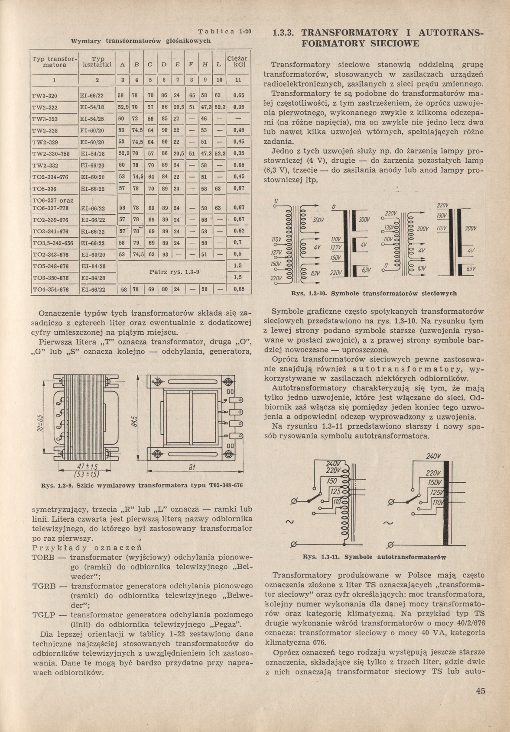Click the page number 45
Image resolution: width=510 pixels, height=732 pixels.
pyautogui.click(x=480, y=691)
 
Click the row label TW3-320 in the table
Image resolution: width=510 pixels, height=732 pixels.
pyautogui.click(x=45, y=96)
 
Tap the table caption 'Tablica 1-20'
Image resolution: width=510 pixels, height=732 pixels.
pyautogui.click(x=225, y=31)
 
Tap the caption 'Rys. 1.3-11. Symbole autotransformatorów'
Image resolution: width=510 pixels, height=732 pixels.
pyautogui.click(x=374, y=557)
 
